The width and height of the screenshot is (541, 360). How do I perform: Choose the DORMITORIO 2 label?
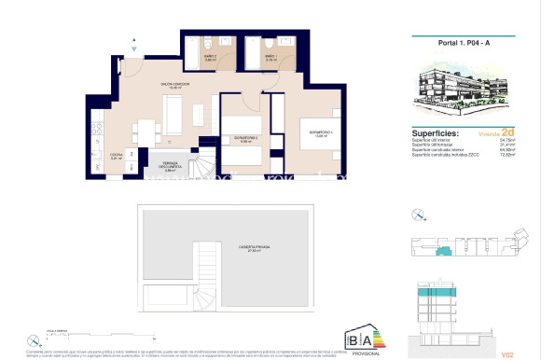tap(245, 140)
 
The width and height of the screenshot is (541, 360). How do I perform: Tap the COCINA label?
tap(117, 156)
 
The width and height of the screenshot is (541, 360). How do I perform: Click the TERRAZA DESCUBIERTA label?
tap(170, 167)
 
